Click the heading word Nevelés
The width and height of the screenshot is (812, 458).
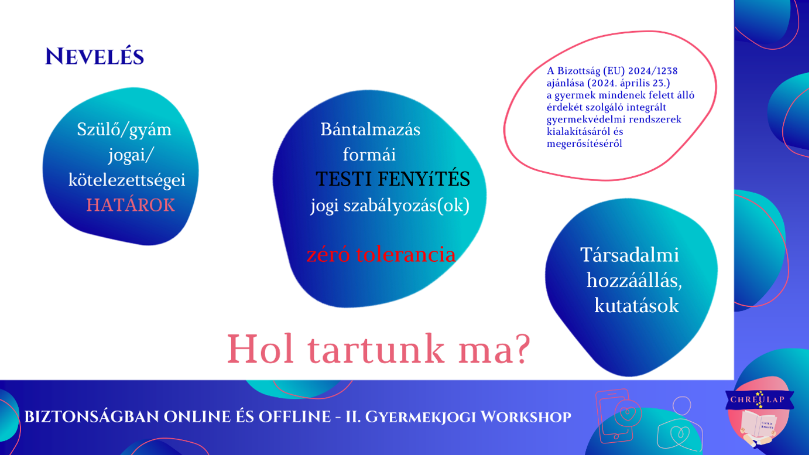click(x=95, y=57)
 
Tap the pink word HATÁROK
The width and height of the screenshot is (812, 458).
click(x=131, y=205)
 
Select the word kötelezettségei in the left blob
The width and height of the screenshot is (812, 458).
click(x=127, y=180)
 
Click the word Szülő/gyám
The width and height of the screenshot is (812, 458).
click(x=124, y=130)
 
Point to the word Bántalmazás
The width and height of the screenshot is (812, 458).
click(x=370, y=129)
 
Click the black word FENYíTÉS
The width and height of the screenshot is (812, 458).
click(x=424, y=179)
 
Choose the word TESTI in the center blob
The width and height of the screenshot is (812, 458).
click(x=344, y=179)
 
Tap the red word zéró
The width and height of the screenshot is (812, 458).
click(x=328, y=255)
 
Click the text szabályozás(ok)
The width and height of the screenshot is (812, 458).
click(x=406, y=206)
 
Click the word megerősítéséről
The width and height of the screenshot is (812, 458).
click(x=584, y=144)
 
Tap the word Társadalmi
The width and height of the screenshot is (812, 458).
click(x=629, y=255)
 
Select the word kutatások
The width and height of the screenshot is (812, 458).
click(x=636, y=306)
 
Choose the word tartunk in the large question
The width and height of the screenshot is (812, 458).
click(x=375, y=350)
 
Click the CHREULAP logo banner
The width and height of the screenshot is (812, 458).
click(x=760, y=399)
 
